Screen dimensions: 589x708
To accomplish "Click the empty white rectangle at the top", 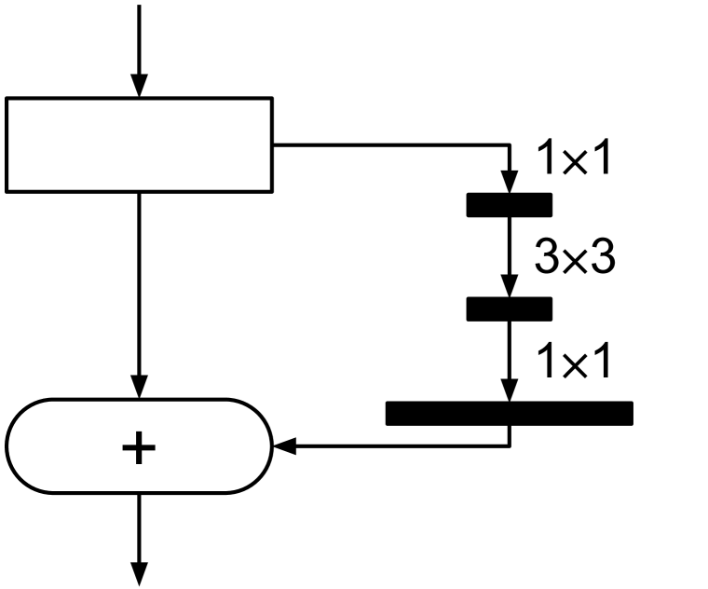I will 139,144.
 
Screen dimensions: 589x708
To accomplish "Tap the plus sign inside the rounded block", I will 139,447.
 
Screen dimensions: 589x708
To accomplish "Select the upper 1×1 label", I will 574,159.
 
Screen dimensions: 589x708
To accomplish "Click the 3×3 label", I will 574,258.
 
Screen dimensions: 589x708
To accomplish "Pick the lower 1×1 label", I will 574,362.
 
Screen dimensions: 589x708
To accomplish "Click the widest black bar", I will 509,413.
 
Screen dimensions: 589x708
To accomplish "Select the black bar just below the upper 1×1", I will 509,204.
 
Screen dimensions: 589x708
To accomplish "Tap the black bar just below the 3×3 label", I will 509,308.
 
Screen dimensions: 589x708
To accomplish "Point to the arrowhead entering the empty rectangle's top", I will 139,87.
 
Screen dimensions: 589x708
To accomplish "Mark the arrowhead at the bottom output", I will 139,575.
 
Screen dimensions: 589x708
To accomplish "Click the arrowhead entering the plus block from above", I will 139,389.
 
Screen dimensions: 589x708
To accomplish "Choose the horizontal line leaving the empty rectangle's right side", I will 391,145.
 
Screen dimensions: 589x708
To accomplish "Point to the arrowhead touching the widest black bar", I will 509,392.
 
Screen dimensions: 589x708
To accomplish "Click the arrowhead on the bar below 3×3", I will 509,288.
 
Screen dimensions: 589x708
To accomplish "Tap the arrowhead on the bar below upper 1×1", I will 509,184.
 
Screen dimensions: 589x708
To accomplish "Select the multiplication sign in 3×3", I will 574,260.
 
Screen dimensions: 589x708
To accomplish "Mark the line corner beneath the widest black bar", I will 509,446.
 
